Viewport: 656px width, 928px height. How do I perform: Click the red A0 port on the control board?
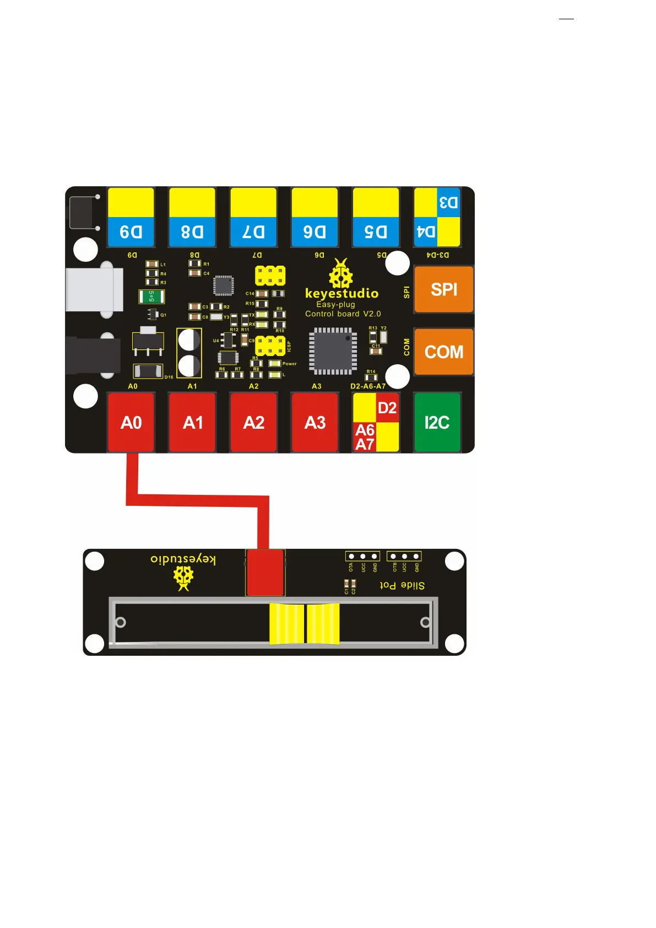coord(131,422)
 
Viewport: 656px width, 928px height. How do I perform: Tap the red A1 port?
coord(192,422)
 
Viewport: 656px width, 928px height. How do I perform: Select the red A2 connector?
coord(253,422)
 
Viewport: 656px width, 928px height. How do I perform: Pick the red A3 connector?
coord(315,422)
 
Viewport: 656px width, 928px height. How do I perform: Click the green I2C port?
coord(437,422)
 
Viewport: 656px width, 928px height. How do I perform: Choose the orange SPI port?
coord(443,289)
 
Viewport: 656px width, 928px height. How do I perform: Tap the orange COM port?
coord(443,352)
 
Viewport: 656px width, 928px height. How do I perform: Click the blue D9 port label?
coord(131,232)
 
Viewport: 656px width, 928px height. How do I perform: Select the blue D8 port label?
coord(192,232)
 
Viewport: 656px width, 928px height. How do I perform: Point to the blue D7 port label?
coord(253,232)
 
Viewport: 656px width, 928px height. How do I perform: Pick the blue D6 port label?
coord(315,232)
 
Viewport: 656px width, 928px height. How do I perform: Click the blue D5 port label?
coord(376,232)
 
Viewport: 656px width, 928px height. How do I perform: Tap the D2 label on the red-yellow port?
coord(387,408)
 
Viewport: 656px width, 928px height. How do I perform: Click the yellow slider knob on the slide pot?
coord(304,623)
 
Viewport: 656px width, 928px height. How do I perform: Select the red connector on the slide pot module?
coord(265,572)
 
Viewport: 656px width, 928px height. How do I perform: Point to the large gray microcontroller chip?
coord(333,351)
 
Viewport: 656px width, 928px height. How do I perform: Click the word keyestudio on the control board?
coord(341,293)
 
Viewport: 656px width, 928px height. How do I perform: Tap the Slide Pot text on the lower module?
coord(402,585)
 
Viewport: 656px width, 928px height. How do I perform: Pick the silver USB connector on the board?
coord(94,289)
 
